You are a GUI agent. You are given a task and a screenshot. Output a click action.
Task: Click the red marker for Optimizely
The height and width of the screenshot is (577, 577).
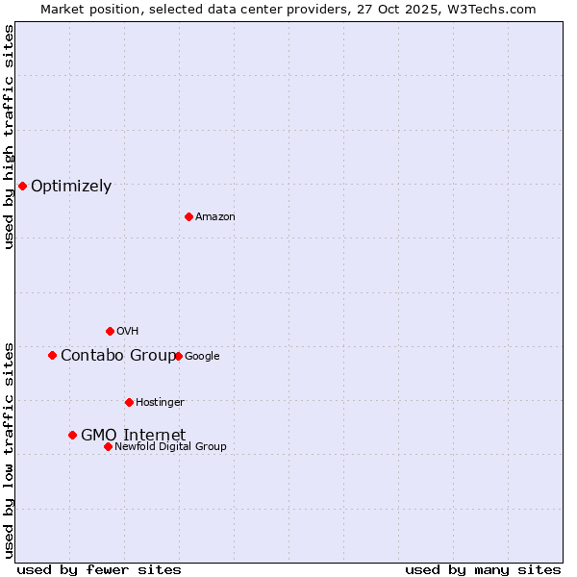tap(22, 186)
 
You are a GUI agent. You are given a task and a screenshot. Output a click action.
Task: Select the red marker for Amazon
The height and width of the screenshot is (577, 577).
tap(188, 216)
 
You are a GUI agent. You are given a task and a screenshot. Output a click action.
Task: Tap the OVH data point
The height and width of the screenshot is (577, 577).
tap(110, 331)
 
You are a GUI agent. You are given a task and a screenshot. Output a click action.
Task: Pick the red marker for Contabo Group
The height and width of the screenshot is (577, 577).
tap(52, 355)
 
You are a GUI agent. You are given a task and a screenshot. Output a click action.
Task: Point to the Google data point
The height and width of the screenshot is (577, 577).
tap(178, 356)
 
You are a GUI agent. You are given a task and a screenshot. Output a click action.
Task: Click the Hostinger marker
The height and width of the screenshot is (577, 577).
tap(129, 402)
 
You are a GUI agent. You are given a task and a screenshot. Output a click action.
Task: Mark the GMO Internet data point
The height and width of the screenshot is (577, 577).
tap(72, 435)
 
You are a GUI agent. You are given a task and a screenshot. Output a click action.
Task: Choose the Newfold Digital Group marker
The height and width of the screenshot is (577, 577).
tap(108, 446)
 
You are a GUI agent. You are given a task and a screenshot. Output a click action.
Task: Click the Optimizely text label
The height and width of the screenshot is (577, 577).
tap(71, 187)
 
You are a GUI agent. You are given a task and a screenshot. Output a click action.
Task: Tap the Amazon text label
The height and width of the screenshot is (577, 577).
tap(215, 217)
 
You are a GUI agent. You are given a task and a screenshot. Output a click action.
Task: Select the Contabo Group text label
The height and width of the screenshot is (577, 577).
tap(118, 356)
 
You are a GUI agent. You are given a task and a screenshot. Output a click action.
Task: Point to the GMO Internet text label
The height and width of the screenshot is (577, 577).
tap(133, 435)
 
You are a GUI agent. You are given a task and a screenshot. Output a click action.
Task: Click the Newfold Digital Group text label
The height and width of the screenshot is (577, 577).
tap(170, 446)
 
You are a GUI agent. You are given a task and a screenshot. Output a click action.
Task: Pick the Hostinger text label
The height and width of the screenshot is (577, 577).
tap(160, 402)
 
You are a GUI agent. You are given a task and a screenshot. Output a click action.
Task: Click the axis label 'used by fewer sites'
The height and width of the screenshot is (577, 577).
tap(99, 569)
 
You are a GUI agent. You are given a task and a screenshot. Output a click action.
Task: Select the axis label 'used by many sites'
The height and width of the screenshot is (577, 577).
tap(483, 569)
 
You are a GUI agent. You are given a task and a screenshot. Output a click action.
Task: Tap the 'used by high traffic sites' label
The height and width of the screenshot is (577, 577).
tap(9, 137)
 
